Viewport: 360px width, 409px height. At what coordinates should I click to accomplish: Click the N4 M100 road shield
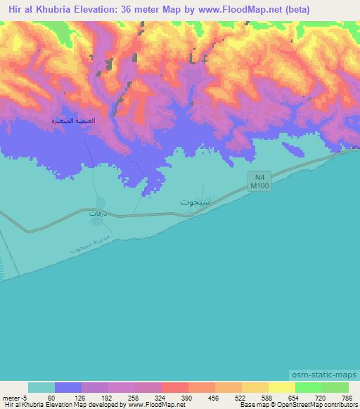point(259,181)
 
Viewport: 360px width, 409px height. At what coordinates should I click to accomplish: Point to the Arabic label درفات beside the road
point(97,212)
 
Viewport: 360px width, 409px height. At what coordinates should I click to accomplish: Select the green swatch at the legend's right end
point(335,387)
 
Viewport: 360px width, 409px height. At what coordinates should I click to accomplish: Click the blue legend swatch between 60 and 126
point(68,387)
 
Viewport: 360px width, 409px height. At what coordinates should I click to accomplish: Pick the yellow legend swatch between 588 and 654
point(281,387)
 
